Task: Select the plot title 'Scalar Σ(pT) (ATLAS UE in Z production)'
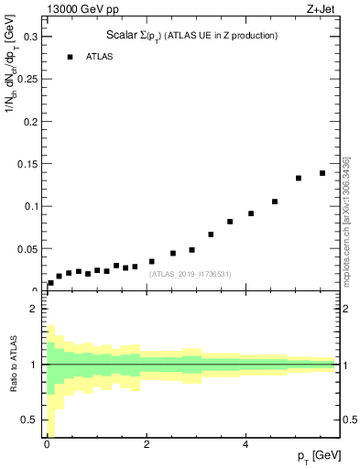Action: click(192, 36)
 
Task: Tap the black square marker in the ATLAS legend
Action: click(70, 57)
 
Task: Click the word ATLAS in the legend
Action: click(101, 57)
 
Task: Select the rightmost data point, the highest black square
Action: click(322, 173)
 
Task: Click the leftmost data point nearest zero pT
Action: click(50, 283)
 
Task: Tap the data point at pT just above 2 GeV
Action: click(152, 261)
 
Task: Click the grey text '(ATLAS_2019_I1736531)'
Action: click(189, 274)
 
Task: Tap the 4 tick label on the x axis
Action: click(245, 444)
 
